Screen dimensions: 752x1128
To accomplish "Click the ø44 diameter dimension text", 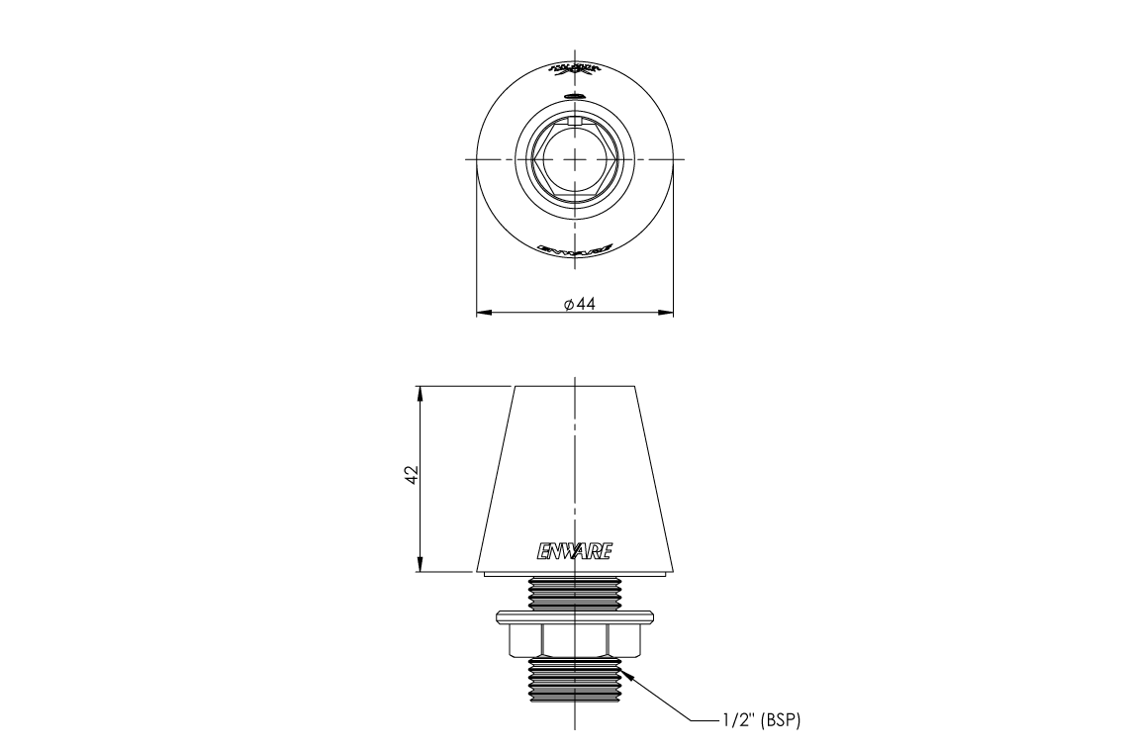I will (x=579, y=305).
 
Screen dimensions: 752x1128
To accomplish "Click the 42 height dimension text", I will (x=413, y=476).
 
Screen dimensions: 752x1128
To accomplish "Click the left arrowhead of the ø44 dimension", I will (x=484, y=314).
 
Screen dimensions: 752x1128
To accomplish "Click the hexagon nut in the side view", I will (x=574, y=641).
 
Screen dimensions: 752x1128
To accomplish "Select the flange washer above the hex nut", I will (x=574, y=618).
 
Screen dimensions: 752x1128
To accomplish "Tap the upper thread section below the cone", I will (x=574, y=593).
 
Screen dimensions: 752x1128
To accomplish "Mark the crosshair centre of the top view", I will (x=574, y=159).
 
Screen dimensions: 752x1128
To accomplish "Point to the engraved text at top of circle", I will (x=574, y=71).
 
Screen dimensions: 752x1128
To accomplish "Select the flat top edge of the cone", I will (x=574, y=385).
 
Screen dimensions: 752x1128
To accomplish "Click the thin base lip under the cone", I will (x=574, y=574).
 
